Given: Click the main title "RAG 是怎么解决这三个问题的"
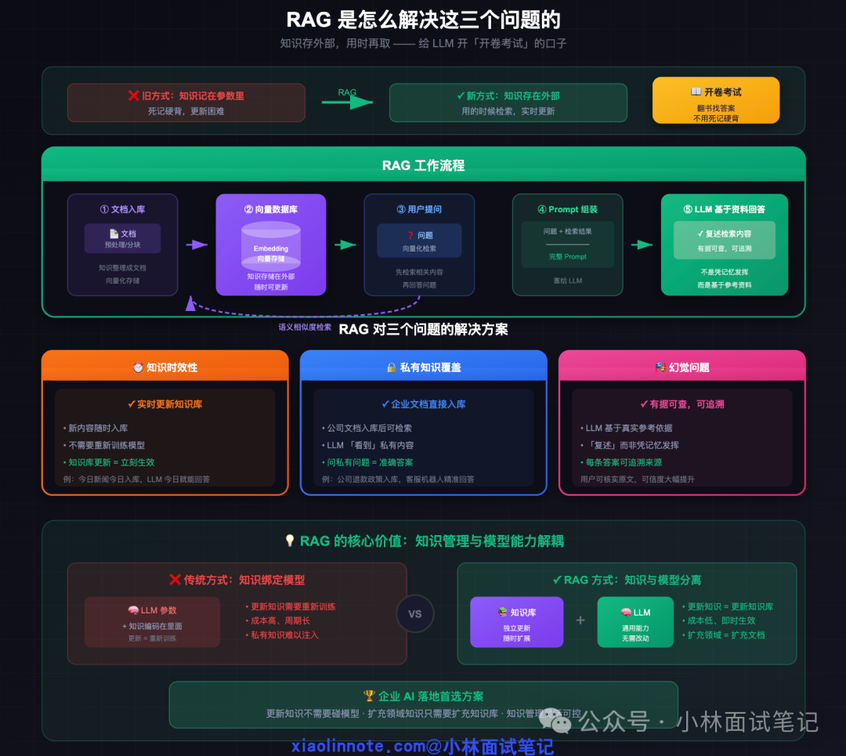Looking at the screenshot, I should tap(423, 20).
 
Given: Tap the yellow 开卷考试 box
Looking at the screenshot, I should tap(716, 100).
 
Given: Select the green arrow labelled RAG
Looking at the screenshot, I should tap(348, 101).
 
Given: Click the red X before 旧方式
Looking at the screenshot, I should tap(133, 96).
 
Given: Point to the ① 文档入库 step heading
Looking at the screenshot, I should tap(122, 209).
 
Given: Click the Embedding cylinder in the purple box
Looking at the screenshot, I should tap(270, 244).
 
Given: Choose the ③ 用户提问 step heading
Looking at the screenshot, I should tap(419, 209).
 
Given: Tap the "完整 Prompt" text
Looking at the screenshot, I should tap(568, 257).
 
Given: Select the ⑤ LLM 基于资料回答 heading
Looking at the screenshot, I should tap(725, 209).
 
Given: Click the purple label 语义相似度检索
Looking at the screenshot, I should tap(305, 327).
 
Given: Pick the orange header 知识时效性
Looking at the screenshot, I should tap(164, 367).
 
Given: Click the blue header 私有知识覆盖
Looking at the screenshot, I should tap(423, 367).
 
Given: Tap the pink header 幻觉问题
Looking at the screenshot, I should tap(681, 367).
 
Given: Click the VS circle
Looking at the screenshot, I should tap(415, 613).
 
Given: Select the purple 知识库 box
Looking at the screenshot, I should tap(516, 623).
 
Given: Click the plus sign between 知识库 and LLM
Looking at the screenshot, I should tap(580, 620).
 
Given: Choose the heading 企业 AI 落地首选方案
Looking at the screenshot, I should tap(423, 696).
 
